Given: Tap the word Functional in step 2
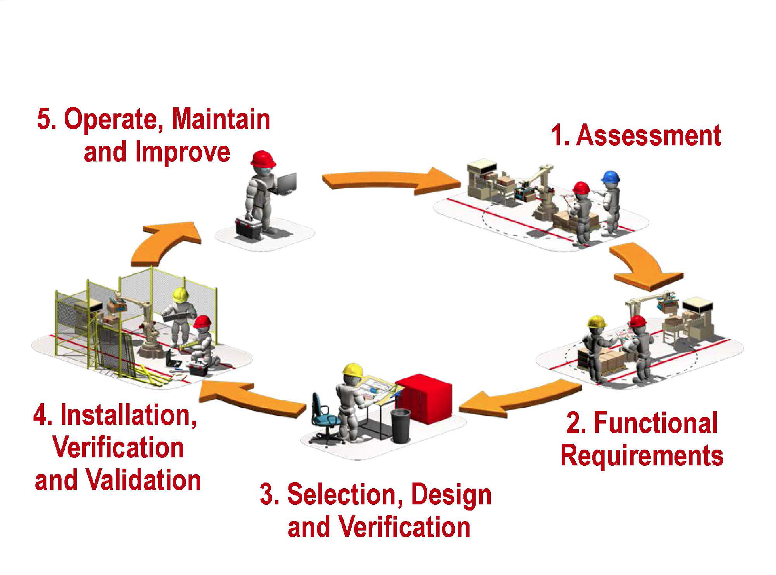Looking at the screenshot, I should pos(655,423).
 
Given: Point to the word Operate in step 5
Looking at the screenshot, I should pos(114,119).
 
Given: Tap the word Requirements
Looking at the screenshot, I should pos(642,456).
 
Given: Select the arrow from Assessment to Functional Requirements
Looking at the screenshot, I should pos(644,267).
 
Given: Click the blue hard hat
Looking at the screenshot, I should pos(610,177).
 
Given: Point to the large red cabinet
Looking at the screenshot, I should pos(424,398).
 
